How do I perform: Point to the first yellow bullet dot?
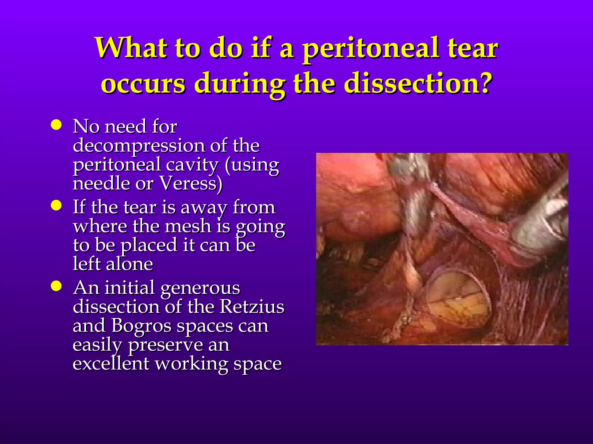coord(56,125)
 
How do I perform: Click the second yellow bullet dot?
coord(56,206)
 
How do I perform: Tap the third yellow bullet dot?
coord(56,286)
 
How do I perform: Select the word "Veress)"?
coord(191,183)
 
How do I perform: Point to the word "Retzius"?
coord(252,306)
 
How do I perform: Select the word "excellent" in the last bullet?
coord(111,363)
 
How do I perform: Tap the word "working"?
coord(191,364)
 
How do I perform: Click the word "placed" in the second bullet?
coord(149,245)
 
